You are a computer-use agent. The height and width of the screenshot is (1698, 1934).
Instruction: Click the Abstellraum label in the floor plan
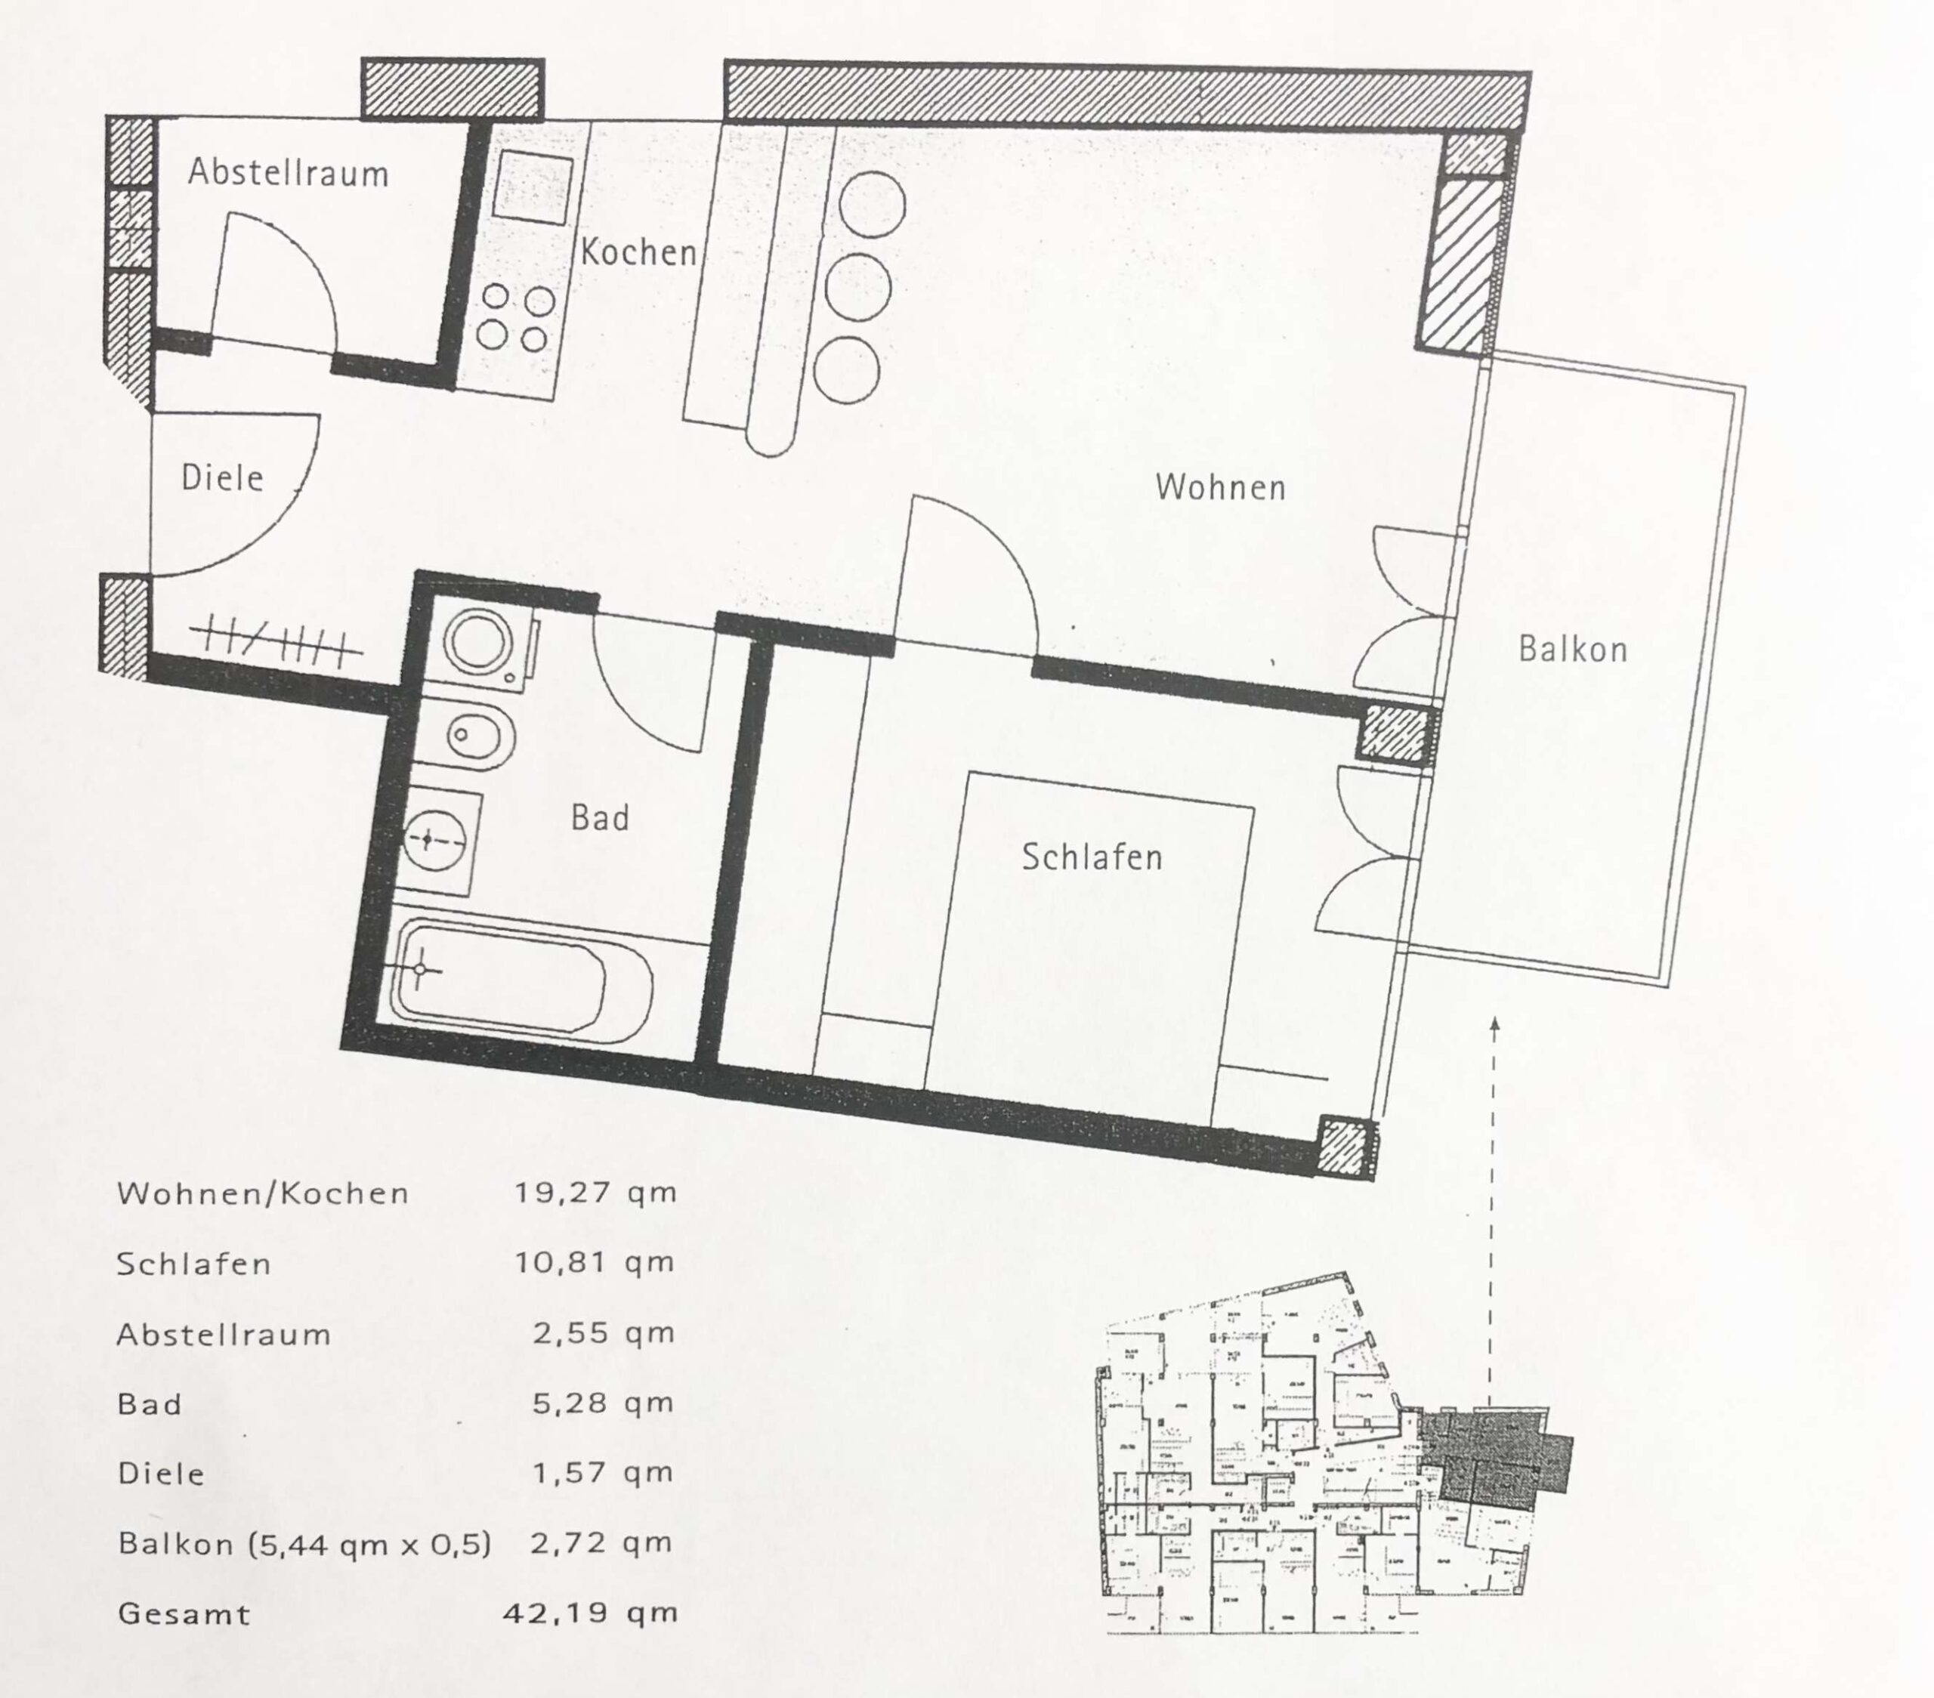click(x=288, y=173)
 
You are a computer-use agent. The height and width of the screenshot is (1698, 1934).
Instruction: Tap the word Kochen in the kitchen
click(x=638, y=252)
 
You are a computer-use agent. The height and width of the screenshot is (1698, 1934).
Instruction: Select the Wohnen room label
click(x=1221, y=487)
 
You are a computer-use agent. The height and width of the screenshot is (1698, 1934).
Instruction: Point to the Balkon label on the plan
click(x=1573, y=649)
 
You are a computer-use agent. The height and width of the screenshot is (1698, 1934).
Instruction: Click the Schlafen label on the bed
click(x=1091, y=857)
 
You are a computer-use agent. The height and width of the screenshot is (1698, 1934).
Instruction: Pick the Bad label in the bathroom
click(x=600, y=817)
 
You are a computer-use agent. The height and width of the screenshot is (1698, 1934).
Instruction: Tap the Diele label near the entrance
click(x=222, y=477)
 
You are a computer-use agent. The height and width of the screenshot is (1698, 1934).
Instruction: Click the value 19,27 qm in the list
click(x=595, y=1192)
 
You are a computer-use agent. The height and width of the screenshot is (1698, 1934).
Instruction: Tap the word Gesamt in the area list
click(x=184, y=1614)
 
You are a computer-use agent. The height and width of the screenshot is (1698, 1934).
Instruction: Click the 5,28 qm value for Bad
click(x=603, y=1403)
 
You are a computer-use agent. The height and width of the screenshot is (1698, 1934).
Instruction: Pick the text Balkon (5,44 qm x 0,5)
click(x=304, y=1545)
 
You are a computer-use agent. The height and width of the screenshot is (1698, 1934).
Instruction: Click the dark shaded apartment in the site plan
click(x=1491, y=1458)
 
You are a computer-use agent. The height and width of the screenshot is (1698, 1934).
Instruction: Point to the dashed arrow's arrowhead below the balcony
click(x=1494, y=1023)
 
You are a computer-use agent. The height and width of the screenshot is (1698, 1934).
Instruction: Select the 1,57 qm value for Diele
click(x=603, y=1473)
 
